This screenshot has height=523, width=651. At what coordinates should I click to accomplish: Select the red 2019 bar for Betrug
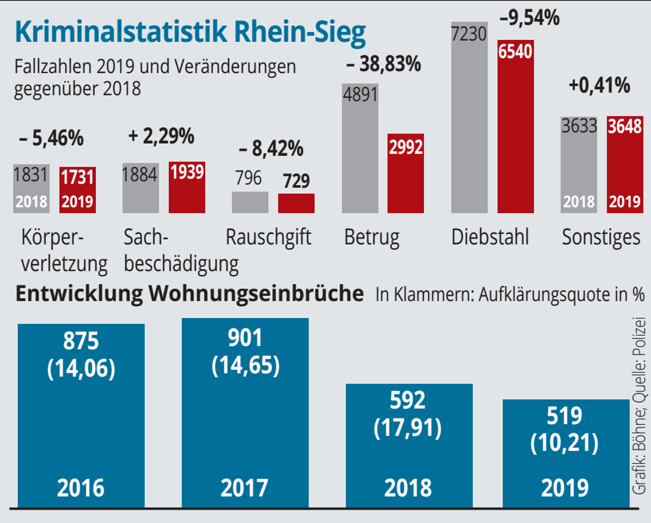[x=406, y=173]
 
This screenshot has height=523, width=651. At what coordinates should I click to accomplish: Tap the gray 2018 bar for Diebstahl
[x=469, y=117]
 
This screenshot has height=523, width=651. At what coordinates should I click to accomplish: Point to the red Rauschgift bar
[x=296, y=204]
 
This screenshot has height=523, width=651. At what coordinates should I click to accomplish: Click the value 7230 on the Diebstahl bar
[x=469, y=34]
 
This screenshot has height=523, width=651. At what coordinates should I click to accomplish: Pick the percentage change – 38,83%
[x=384, y=64]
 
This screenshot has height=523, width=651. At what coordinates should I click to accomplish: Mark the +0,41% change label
[x=600, y=85]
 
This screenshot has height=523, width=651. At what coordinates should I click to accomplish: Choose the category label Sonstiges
[x=601, y=237]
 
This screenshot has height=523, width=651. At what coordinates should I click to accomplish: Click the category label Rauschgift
[x=269, y=237]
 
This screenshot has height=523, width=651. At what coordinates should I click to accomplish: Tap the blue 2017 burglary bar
[x=245, y=413]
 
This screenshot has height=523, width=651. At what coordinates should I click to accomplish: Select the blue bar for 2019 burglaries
[x=566, y=453]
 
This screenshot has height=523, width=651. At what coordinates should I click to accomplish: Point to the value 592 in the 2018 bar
[x=408, y=400]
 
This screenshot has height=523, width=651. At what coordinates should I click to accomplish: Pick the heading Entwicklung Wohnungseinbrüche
[x=189, y=294]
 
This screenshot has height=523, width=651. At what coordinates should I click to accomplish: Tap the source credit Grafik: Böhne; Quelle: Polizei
[x=639, y=406]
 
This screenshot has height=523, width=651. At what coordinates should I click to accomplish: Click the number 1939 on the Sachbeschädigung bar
[x=187, y=172]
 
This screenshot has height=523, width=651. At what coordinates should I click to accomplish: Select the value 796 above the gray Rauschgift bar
[x=248, y=178]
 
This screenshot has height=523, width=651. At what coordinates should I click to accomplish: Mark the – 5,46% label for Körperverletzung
[x=51, y=138]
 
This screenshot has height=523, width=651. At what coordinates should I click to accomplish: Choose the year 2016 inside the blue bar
[x=81, y=488]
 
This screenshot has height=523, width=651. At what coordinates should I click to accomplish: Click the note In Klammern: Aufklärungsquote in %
[x=510, y=295]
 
